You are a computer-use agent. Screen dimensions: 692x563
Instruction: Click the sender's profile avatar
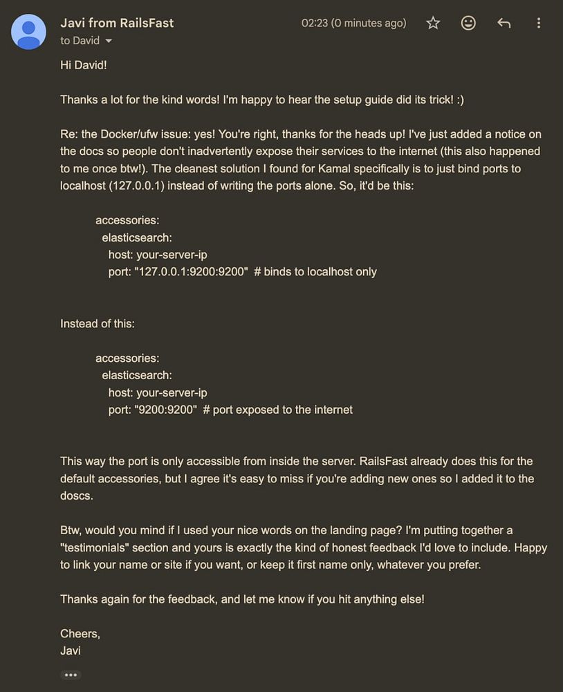click(x=28, y=32)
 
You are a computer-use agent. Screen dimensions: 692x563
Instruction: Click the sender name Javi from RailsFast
click(x=117, y=23)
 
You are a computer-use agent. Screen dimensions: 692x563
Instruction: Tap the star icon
click(x=433, y=23)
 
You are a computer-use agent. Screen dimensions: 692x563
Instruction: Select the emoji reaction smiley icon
click(x=468, y=23)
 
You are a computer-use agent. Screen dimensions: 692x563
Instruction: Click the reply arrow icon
click(x=504, y=23)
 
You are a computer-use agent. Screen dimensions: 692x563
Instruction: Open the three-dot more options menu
click(x=539, y=23)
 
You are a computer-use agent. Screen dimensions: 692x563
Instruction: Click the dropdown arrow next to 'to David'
click(x=108, y=41)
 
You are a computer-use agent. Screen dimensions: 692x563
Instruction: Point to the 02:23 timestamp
click(x=314, y=23)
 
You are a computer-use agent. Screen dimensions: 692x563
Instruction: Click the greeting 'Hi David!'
click(x=83, y=64)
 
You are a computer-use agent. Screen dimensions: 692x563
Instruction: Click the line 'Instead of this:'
click(x=98, y=323)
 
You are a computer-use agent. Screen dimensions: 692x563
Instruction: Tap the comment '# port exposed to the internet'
click(x=278, y=410)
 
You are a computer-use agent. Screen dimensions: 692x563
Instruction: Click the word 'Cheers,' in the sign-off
click(x=80, y=633)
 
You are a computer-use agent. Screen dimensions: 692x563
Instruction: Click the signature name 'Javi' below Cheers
click(x=71, y=650)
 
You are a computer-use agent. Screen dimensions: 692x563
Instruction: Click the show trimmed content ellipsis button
click(x=71, y=675)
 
